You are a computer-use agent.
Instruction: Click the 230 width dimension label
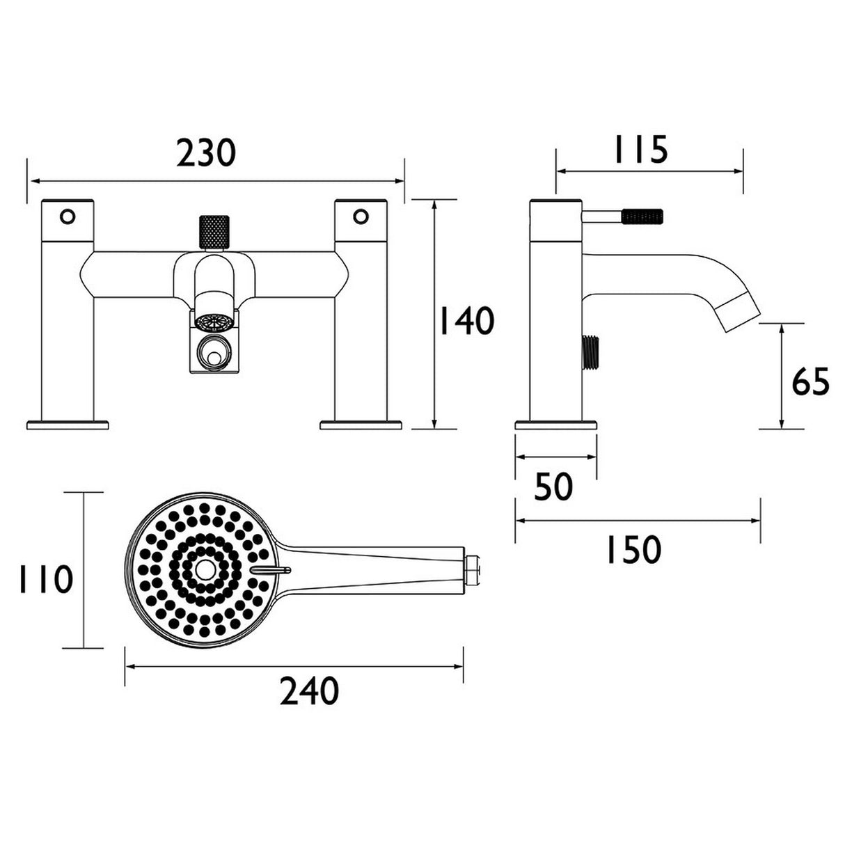206,154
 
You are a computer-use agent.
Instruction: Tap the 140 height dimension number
466,322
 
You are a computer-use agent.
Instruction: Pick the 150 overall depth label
631,551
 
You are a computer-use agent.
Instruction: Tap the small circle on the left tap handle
68,216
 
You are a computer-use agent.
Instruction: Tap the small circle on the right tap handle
361,216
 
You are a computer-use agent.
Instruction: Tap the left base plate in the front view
68,423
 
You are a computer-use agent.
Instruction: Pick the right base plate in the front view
361,423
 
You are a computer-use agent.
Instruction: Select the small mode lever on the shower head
271,570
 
